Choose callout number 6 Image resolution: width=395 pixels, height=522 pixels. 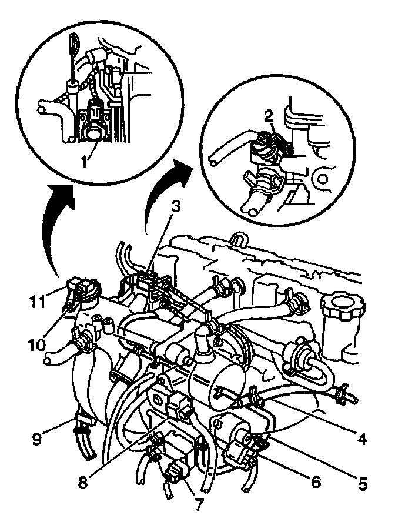(x=316, y=483)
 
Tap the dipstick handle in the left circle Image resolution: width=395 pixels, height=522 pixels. (x=73, y=44)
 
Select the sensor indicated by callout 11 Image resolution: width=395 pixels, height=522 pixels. (x=82, y=289)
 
